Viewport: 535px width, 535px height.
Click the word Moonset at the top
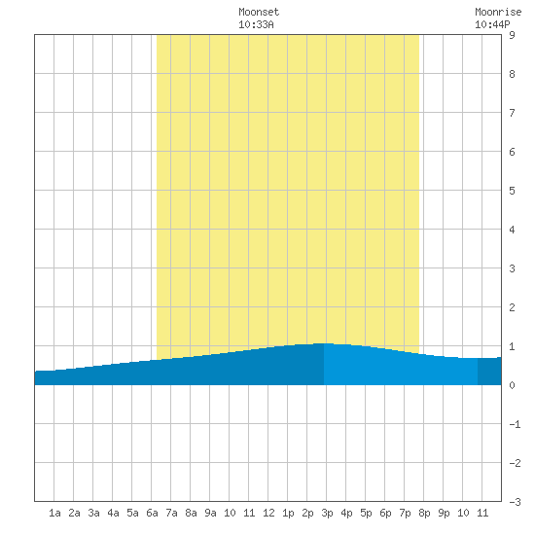coord(259,12)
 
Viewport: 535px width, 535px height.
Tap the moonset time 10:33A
coord(256,24)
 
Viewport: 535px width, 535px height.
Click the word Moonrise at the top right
coord(498,12)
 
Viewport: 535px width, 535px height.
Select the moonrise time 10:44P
coord(492,24)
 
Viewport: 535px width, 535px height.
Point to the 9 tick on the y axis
coord(512,35)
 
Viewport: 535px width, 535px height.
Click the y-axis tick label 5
coord(512,191)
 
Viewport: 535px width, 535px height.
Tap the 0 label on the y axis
coord(512,385)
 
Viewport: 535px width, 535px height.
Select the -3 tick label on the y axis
coord(515,502)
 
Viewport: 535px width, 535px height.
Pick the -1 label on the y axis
coord(515,424)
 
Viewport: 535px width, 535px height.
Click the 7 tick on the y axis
coord(512,113)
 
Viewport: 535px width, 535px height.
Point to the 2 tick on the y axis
coord(512,307)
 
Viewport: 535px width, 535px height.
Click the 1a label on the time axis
coord(54,513)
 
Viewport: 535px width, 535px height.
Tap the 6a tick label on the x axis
coord(152,513)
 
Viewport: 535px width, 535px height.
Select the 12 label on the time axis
coord(268,513)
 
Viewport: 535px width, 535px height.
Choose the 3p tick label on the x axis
coord(327,513)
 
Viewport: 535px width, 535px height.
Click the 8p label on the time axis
coord(424,513)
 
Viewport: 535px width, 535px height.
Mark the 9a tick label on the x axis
coord(210,513)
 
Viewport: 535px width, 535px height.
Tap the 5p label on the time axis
coord(366,513)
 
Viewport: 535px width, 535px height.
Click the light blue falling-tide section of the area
coord(399,368)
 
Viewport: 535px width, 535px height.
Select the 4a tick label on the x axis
coord(113,513)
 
